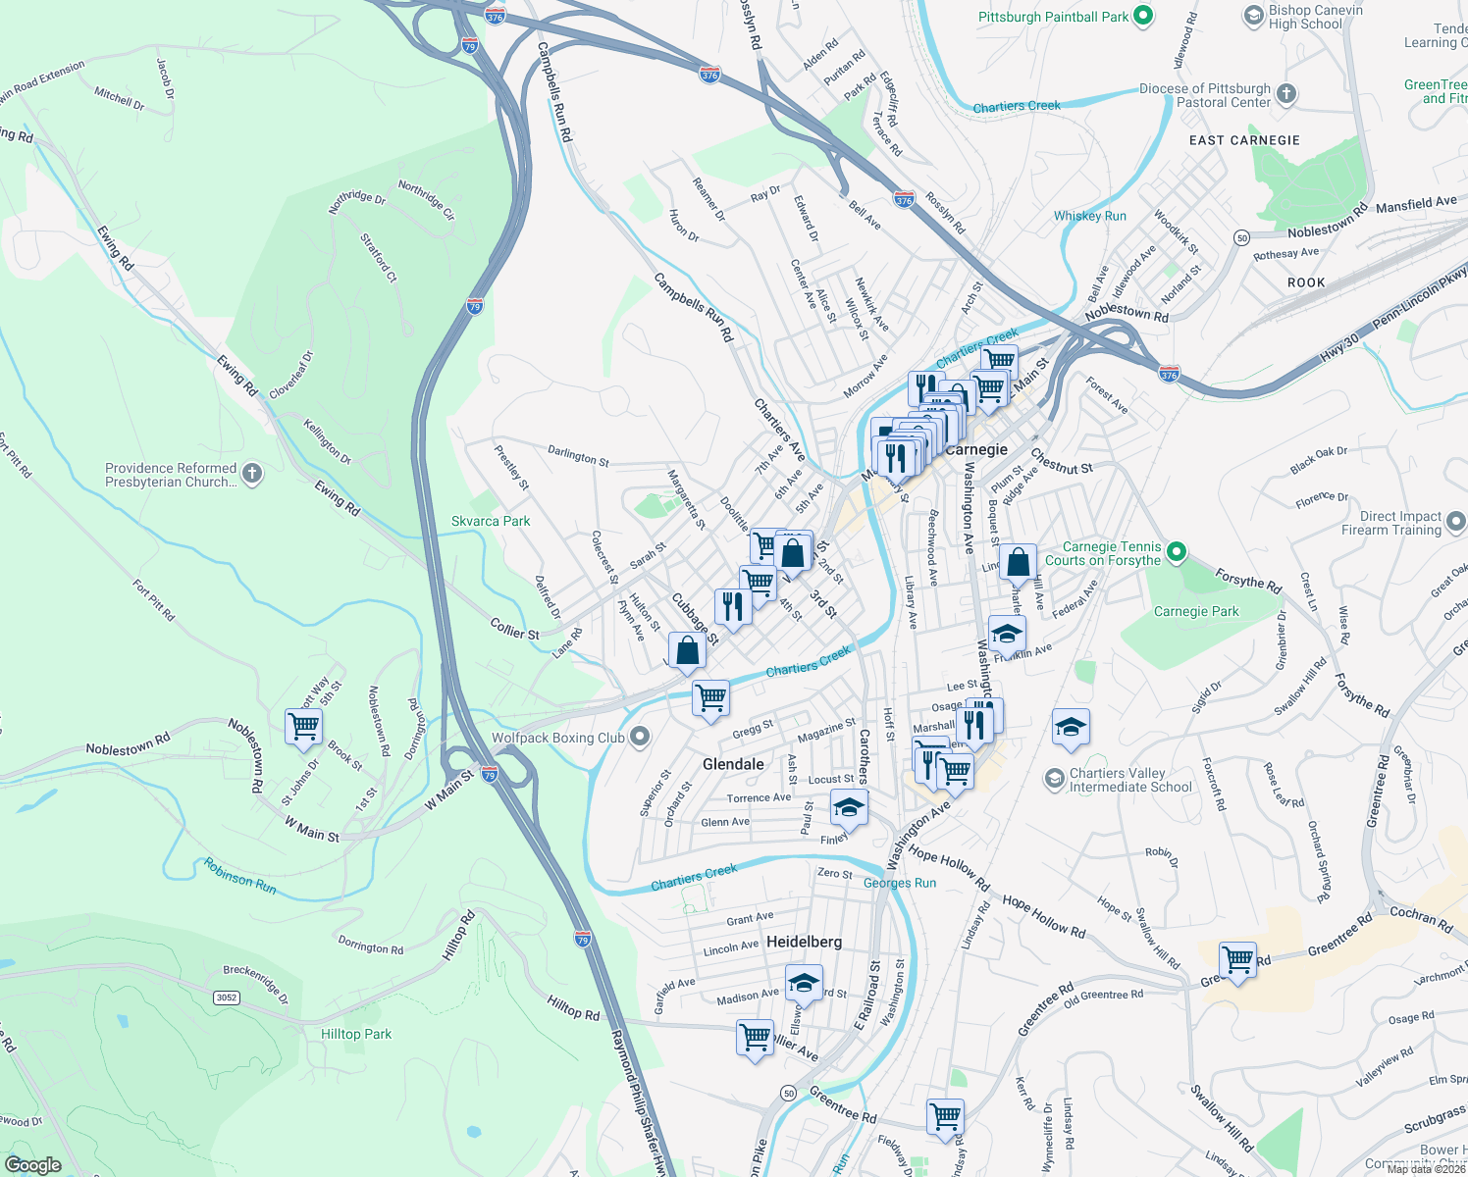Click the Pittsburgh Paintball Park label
point(1053,17)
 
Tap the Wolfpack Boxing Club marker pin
point(640,737)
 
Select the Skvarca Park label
point(491,521)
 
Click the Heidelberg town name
point(804,942)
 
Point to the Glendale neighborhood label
point(733,764)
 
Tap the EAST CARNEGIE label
point(1244,140)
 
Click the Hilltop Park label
point(356,1034)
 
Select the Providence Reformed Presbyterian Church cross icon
point(252,475)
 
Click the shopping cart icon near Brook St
point(304,727)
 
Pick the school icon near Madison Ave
point(804,983)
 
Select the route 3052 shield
point(227,998)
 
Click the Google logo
point(33,1165)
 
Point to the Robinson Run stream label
point(240,876)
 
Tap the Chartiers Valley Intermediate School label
point(1130,780)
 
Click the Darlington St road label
point(578,455)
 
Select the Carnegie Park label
point(1196,611)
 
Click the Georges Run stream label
point(900,883)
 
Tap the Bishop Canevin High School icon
point(1253,16)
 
